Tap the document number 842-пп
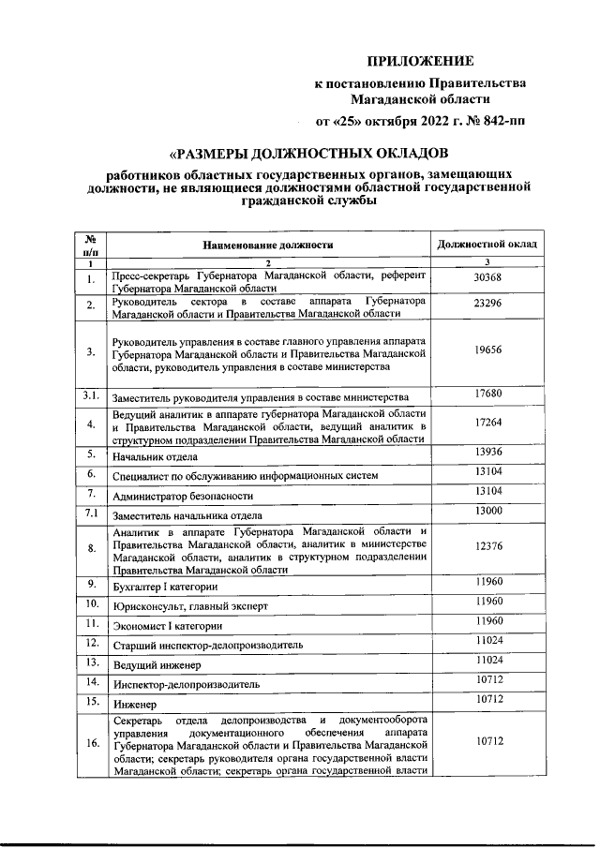tap(505, 121)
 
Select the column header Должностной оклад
tap(487, 244)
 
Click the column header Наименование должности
tap(268, 245)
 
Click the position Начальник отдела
tap(155, 457)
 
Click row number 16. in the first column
tap(92, 744)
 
